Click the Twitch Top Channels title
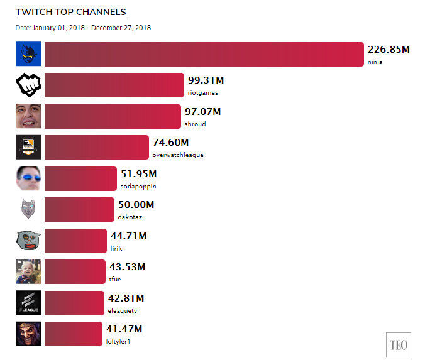(71, 12)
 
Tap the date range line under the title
(83, 28)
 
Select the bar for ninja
(204, 54)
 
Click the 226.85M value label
(389, 50)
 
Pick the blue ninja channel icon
(28, 54)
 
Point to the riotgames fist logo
(28, 85)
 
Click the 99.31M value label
(206, 80)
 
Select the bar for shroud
(113, 116)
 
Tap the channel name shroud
(195, 124)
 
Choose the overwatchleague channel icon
(28, 147)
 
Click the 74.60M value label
(171, 143)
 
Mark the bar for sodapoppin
(80, 179)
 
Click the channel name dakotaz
(130, 217)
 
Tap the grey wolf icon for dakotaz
(28, 209)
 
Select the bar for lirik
(75, 241)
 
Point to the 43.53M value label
(128, 267)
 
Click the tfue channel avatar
(28, 271)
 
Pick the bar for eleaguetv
(74, 303)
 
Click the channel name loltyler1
(118, 341)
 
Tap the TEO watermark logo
(399, 345)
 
